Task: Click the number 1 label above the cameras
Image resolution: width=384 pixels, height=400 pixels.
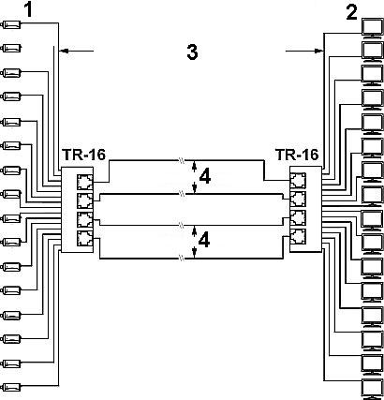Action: (x=29, y=9)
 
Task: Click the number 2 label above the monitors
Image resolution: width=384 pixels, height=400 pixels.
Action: (x=352, y=13)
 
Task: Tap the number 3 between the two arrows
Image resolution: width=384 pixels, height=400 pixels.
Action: (x=192, y=52)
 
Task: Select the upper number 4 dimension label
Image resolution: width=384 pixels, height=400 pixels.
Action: (x=204, y=177)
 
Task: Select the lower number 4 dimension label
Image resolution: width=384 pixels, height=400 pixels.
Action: (x=204, y=241)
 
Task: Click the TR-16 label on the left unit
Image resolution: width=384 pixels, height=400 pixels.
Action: (x=83, y=155)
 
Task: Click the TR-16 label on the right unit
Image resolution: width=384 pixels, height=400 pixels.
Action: (x=297, y=155)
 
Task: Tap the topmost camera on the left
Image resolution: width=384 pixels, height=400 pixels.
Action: (x=11, y=24)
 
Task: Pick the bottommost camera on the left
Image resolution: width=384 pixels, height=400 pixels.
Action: (x=11, y=387)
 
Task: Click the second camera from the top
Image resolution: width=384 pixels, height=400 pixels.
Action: (x=11, y=48)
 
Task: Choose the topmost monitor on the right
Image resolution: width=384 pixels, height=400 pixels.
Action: (x=372, y=28)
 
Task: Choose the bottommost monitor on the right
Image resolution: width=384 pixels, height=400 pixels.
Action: (x=372, y=389)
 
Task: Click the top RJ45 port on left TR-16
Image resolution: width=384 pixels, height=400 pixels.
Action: (x=85, y=182)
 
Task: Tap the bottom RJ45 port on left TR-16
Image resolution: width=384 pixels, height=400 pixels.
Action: (x=85, y=238)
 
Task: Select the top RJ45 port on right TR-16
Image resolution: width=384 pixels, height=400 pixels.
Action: (x=298, y=181)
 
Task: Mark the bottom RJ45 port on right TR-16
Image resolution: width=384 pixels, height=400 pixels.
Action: (x=298, y=236)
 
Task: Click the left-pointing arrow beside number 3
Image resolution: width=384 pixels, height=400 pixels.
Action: (x=77, y=51)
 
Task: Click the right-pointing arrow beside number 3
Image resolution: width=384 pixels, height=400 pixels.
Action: (x=304, y=51)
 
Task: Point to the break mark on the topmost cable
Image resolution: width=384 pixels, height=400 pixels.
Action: (x=182, y=160)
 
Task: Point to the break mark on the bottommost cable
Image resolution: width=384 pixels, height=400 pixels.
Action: (x=182, y=258)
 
